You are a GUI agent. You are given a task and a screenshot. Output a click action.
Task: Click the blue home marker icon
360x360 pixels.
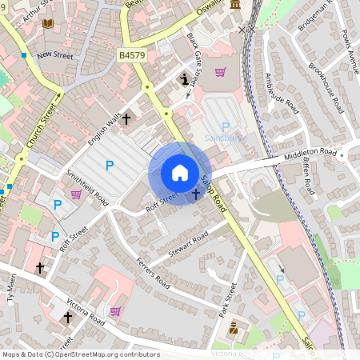[x=180, y=173]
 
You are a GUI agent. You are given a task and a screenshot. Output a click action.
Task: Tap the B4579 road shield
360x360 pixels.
[x=133, y=54]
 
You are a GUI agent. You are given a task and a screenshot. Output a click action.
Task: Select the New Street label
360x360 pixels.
[x=54, y=55]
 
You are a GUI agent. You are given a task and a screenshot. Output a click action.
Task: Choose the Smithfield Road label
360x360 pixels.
[x=87, y=186]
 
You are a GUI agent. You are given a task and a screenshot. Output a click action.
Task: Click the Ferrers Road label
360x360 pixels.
[x=153, y=273]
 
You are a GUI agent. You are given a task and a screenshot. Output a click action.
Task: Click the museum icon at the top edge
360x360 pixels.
[x=235, y=6]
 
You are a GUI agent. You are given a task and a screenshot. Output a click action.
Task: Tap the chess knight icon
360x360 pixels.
[x=185, y=78]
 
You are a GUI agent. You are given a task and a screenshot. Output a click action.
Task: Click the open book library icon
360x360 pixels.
[x=47, y=24]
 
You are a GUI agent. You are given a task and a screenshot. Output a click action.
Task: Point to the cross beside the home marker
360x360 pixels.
[x=196, y=194]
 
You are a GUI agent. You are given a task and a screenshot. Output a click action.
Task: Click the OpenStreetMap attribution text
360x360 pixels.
[x=81, y=354]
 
